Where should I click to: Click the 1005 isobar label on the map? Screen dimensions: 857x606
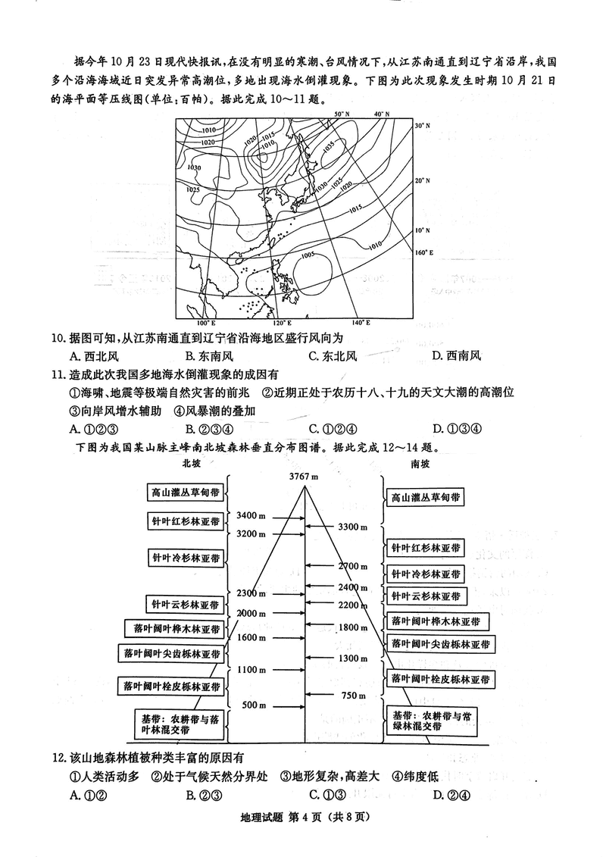pyautogui.click(x=307, y=255)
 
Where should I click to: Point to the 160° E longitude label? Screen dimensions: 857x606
pyautogui.click(x=423, y=252)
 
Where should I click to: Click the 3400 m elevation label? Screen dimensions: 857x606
pyautogui.click(x=251, y=515)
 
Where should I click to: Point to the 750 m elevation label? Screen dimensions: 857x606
pyautogui.click(x=354, y=696)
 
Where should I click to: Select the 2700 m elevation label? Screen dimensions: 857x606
pyautogui.click(x=353, y=566)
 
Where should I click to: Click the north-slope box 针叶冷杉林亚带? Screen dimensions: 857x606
pyautogui.click(x=186, y=558)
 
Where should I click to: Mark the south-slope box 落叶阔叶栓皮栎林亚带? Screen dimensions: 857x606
pyautogui.click(x=439, y=678)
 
